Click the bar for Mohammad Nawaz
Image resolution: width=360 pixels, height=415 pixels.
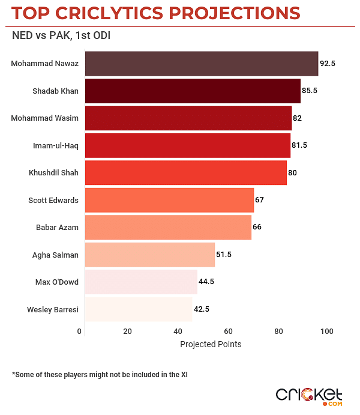[201, 64]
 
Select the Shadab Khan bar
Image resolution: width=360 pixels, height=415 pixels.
[193, 91]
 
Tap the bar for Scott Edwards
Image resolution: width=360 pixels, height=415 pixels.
[169, 200]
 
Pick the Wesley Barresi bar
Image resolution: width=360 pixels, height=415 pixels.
[139, 309]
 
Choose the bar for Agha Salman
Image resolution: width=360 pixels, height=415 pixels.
[150, 255]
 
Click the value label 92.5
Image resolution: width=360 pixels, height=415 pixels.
[327, 63]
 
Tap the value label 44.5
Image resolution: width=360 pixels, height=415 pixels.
[207, 282]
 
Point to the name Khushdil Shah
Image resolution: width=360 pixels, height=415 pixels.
[53, 173]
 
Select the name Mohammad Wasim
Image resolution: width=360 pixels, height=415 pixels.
[45, 118]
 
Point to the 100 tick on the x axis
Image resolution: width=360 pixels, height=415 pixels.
[326, 332]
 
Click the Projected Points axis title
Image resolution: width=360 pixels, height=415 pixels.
[211, 344]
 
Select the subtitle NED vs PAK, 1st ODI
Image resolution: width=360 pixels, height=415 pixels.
[61, 35]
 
